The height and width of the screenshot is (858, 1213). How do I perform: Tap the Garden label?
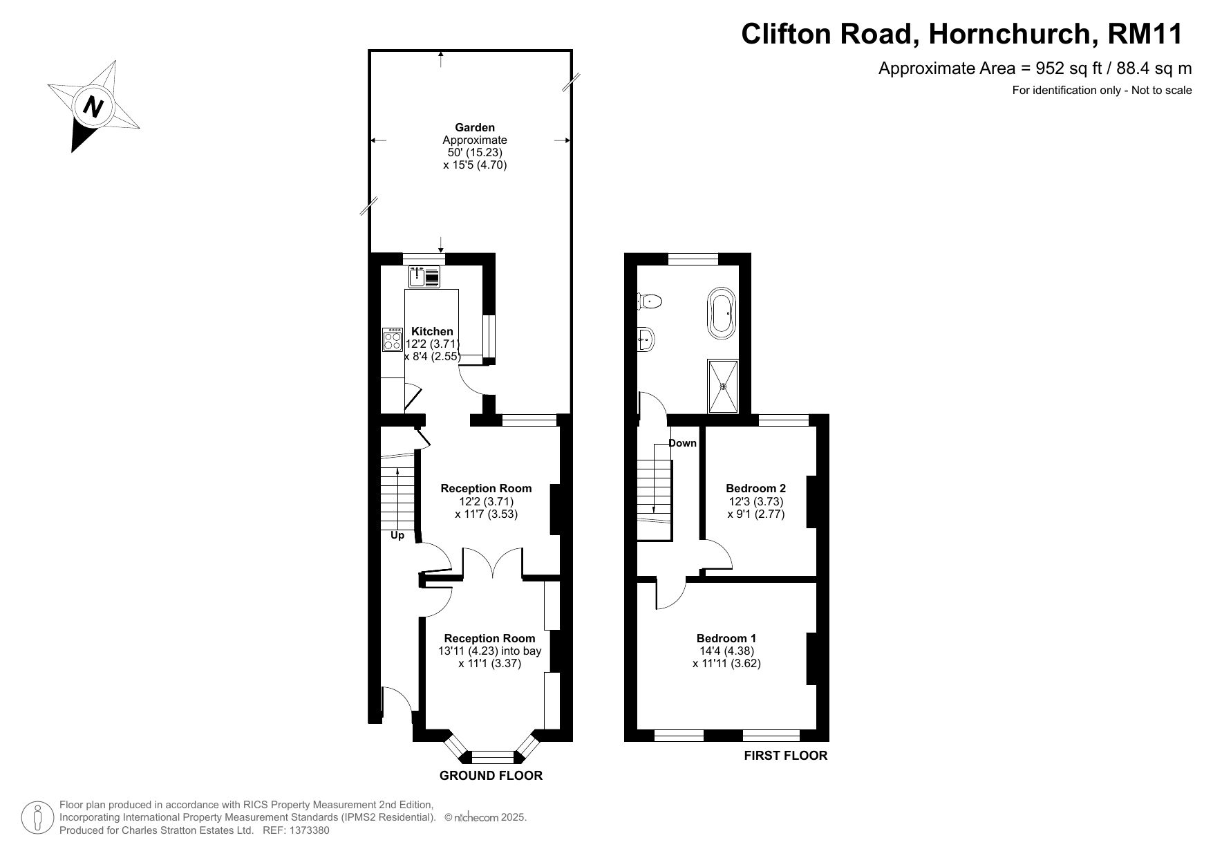[x=475, y=127]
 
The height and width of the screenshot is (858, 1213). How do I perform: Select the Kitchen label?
[x=432, y=331]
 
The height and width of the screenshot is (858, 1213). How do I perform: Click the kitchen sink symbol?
[x=424, y=277]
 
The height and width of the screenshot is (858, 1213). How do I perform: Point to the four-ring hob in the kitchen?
[x=393, y=340]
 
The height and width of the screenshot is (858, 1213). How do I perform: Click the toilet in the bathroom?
[x=649, y=301]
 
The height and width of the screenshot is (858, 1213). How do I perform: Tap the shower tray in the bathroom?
[x=723, y=386]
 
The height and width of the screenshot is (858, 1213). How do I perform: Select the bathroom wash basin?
[x=646, y=339]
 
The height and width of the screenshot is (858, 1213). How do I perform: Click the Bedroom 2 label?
[x=755, y=488]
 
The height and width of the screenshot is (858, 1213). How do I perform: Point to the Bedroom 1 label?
[x=726, y=638]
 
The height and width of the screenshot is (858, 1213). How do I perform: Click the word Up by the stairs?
[x=397, y=535]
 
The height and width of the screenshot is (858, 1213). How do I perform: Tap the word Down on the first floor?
[x=682, y=443]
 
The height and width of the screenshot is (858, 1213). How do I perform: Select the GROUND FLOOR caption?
[x=491, y=776]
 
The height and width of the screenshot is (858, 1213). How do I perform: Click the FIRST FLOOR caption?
[x=786, y=756]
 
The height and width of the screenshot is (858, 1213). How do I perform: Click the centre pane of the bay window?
[x=492, y=757]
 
